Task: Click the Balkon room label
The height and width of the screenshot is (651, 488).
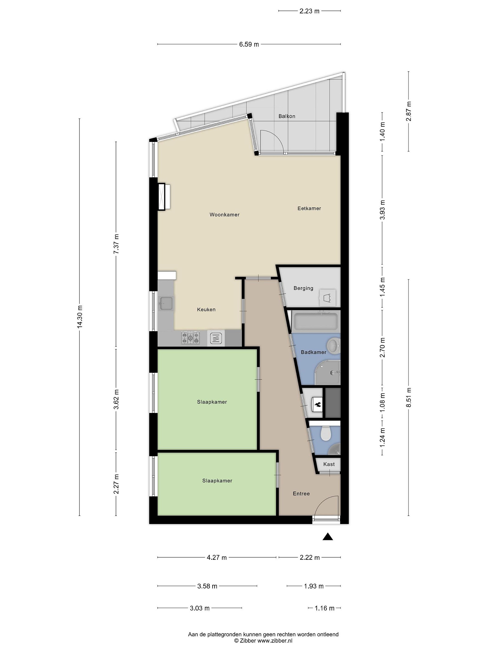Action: pyautogui.click(x=287, y=116)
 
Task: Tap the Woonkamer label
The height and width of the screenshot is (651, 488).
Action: pyautogui.click(x=224, y=215)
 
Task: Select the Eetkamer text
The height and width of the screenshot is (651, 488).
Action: pyautogui.click(x=309, y=208)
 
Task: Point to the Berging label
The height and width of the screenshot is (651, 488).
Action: pyautogui.click(x=303, y=288)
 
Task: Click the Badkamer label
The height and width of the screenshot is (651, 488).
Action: pyautogui.click(x=314, y=352)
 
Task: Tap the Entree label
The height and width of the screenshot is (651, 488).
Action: pyautogui.click(x=301, y=493)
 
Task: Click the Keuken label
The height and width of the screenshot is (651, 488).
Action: pyautogui.click(x=206, y=310)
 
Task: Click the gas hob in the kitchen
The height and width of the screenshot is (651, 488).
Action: pyautogui.click(x=190, y=338)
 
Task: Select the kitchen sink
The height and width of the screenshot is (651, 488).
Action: pyautogui.click(x=166, y=303)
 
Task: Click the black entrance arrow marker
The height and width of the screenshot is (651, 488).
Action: pyautogui.click(x=328, y=537)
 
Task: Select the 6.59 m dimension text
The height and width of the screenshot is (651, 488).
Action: pyautogui.click(x=249, y=45)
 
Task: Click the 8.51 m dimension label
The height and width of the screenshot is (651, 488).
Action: pyautogui.click(x=408, y=397)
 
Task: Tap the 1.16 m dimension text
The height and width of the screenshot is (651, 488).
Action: pyautogui.click(x=324, y=608)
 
